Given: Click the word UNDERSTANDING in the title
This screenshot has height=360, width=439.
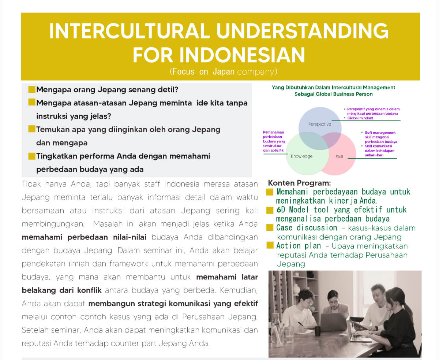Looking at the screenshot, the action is tap(302, 31).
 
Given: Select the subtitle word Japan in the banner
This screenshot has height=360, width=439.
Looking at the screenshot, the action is tap(224, 72).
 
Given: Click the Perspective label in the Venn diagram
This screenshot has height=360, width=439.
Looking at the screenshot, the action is tap(320, 124).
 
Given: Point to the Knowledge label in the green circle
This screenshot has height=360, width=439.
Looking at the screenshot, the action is tap(301, 156).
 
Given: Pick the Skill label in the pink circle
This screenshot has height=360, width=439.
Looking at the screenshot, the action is tap(339, 157).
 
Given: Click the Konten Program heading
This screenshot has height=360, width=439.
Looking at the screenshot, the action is tap(299, 183).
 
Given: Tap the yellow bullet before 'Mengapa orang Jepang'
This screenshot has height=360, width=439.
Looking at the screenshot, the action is tap(31, 89).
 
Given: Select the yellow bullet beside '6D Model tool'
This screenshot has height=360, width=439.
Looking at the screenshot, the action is tap(270, 210).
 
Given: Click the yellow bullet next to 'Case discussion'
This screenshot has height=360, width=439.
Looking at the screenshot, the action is tap(270, 228).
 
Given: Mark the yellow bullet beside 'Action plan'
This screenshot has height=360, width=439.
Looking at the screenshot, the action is tap(270, 245).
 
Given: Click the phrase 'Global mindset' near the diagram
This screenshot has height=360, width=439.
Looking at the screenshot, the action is tap(360, 118).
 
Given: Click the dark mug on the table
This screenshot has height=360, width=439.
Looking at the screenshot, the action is tap(318, 331).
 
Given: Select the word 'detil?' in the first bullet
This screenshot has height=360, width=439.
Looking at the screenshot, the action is tap(168, 90).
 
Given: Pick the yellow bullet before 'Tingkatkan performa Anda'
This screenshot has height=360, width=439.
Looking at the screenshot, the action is tap(31, 156).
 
